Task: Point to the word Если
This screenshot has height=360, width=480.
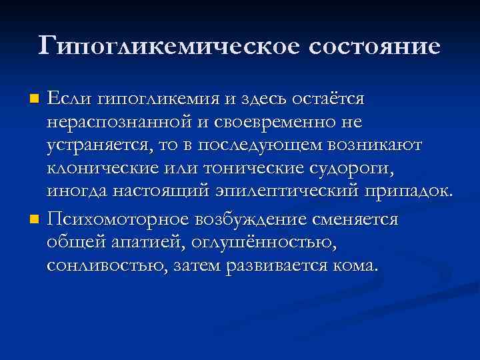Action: (x=70, y=99)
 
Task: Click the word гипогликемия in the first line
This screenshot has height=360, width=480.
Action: (x=160, y=99)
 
